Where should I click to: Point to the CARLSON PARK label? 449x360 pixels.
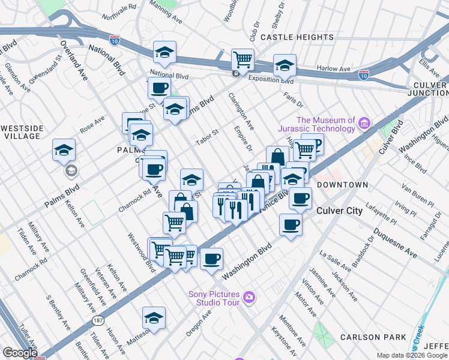372,337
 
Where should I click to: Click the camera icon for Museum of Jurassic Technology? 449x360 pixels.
363,124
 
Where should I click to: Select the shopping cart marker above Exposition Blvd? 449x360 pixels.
243,59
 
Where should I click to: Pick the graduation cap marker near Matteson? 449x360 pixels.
154,317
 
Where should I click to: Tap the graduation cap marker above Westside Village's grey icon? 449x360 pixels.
64,150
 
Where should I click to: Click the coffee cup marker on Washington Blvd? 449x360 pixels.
211,259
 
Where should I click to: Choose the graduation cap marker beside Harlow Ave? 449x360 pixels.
285,65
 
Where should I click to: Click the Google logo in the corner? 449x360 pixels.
19,353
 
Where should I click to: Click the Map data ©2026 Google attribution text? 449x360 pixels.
412,355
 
